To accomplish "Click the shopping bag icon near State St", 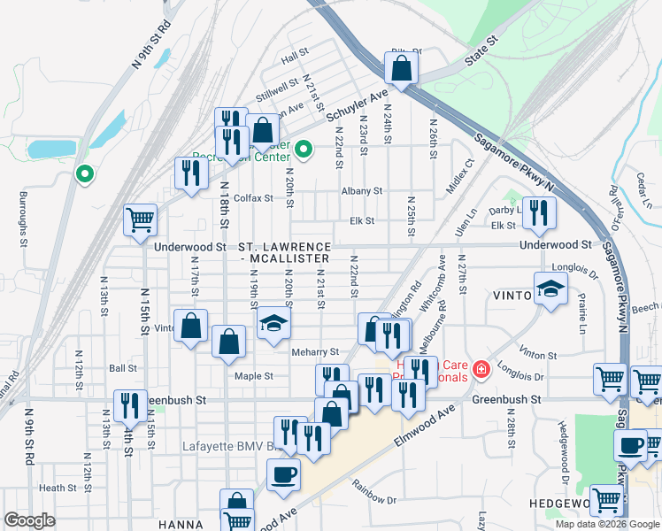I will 401,68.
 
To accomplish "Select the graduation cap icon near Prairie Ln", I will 550,288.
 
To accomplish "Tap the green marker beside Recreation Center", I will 304,149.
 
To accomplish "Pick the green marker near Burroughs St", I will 84,174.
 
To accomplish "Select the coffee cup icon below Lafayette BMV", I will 283,473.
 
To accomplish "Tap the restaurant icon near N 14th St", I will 130,405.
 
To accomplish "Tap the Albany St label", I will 362,190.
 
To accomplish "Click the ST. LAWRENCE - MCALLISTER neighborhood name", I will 285,251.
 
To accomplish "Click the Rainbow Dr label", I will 374,492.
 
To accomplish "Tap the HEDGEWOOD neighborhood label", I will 566,503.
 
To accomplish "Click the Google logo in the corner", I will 29,520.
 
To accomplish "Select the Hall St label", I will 293,59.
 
